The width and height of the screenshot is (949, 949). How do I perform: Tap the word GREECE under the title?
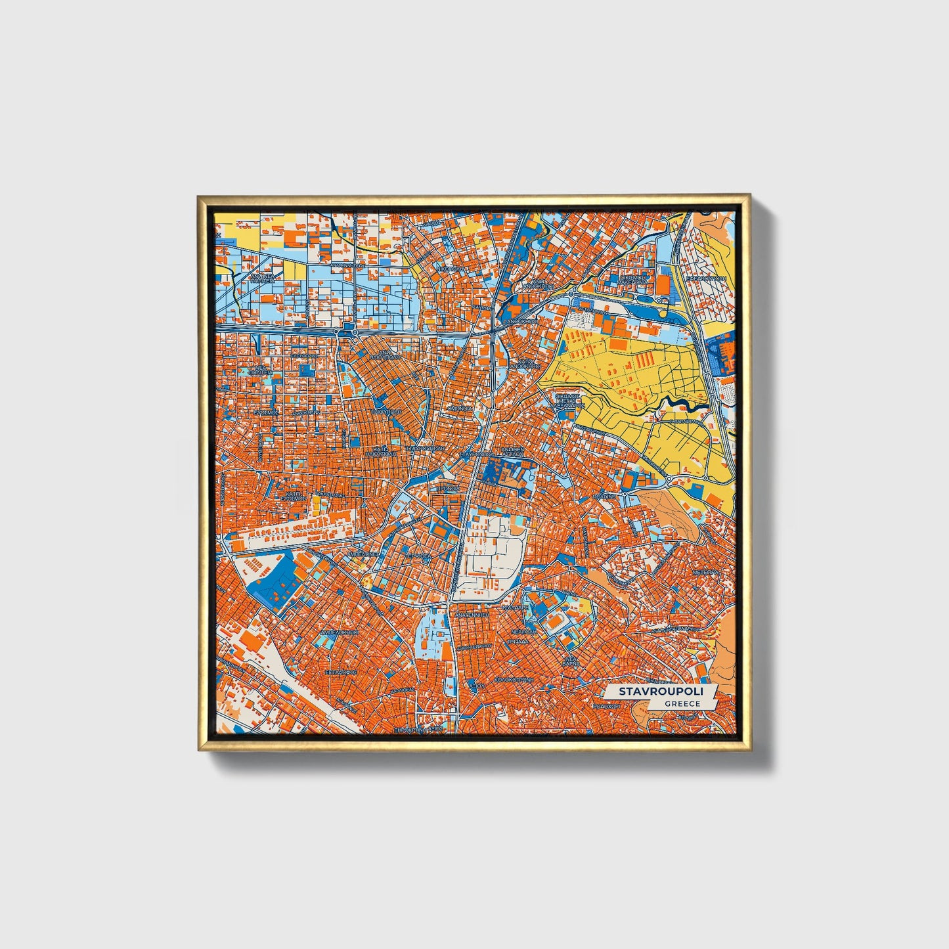pos(681,703)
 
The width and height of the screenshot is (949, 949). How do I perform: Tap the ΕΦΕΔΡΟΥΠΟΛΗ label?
pos(706,278)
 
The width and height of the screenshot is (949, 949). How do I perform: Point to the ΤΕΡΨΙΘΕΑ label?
pos(418,555)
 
